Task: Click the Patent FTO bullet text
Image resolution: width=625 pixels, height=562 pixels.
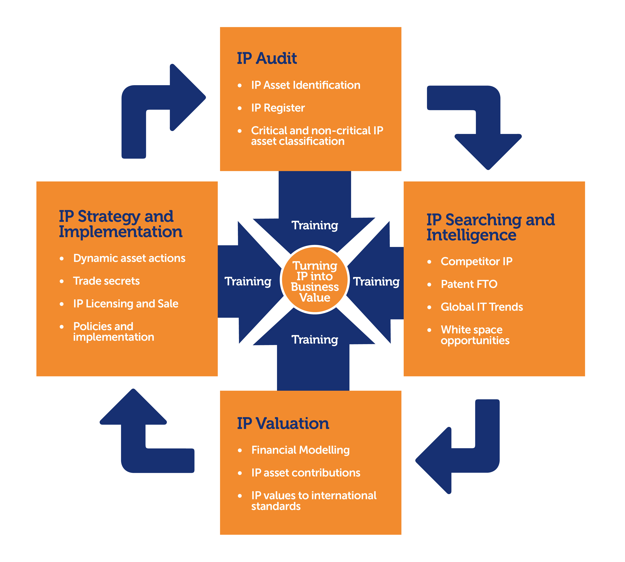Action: tap(469, 284)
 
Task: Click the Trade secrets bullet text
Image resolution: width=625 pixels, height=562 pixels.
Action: tap(106, 281)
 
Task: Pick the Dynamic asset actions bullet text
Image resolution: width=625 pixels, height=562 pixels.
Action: tap(129, 258)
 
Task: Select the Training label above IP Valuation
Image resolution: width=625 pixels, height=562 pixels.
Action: tap(315, 339)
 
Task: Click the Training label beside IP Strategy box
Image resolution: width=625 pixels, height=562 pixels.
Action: tap(248, 281)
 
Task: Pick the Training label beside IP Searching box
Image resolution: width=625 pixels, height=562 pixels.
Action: tap(376, 281)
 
